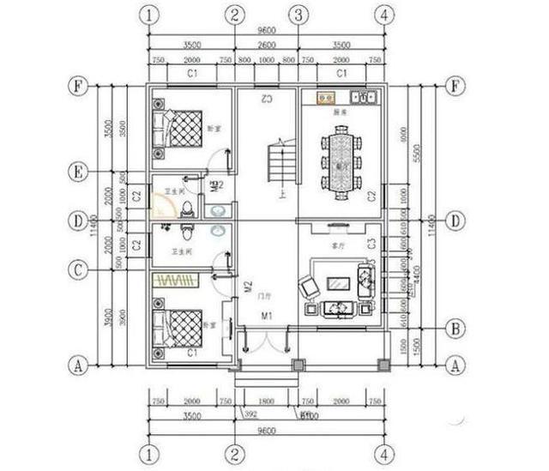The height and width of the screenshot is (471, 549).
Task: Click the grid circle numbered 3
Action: point(298,15)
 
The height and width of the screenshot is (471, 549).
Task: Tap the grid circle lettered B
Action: point(455,328)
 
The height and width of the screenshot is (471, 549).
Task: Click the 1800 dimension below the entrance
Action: point(267,402)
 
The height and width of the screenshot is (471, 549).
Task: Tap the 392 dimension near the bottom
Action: point(251,414)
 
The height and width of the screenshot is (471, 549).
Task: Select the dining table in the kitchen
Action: point(341,160)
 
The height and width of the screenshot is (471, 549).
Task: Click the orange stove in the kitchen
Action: point(327,98)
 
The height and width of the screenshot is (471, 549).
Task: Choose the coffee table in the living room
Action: point(339,283)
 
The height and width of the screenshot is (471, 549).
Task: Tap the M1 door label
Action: point(267,317)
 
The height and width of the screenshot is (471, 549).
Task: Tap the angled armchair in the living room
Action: point(308,288)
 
